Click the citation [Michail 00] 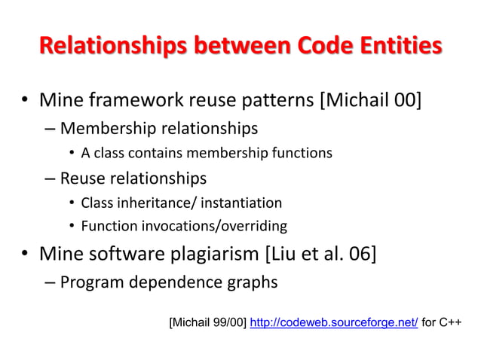371,99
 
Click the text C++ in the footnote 450,323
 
